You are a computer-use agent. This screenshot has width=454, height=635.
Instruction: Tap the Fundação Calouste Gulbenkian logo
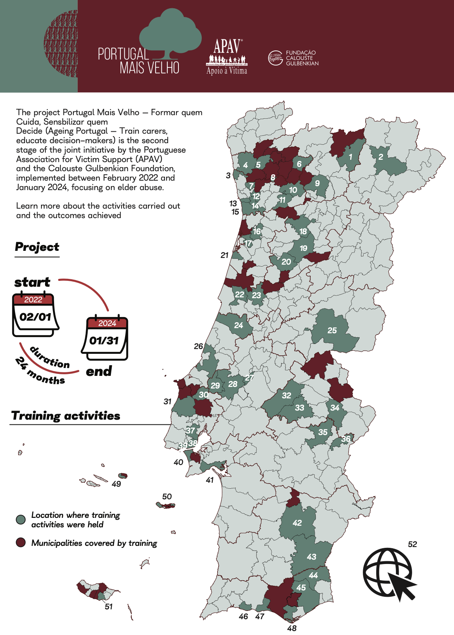[x=293, y=58]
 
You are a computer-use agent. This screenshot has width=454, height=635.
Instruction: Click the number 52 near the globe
[x=412, y=544]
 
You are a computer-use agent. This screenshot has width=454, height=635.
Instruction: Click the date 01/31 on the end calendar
[x=104, y=341]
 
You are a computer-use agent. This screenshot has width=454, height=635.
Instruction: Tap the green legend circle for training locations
[x=21, y=520]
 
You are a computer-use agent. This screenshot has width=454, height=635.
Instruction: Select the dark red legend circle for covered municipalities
[x=21, y=543]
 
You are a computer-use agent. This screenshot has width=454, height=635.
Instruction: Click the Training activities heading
[x=66, y=416]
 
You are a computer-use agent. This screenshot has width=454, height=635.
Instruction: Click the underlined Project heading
[x=37, y=247]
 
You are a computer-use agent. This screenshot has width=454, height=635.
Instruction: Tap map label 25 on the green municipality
[x=332, y=331]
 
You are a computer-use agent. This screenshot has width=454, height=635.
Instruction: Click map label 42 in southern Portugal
[x=297, y=523]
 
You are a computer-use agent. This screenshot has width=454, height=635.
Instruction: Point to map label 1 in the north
[x=350, y=157]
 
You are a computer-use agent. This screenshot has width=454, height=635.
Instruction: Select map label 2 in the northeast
[x=381, y=157]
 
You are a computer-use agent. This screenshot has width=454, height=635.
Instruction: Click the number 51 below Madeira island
[x=109, y=607]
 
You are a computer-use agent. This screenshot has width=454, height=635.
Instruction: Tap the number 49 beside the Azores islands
[x=116, y=484]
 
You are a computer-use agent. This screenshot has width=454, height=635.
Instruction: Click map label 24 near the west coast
[x=238, y=325]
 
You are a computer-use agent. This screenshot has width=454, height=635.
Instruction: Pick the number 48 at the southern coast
[x=292, y=628]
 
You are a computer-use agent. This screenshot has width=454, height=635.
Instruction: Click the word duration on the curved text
[x=50, y=357]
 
